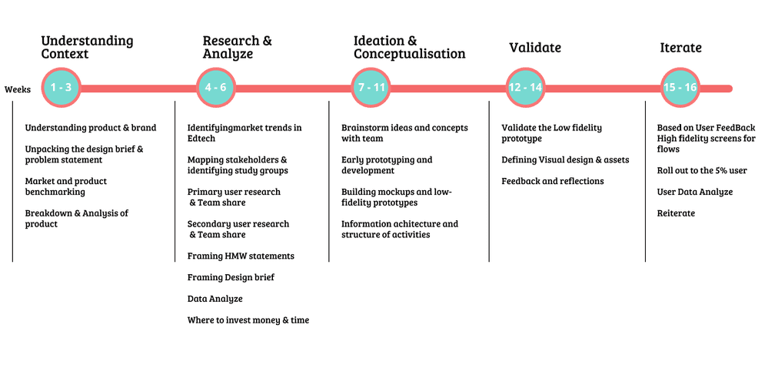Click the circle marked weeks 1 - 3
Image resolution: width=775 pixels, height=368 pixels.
tap(61, 88)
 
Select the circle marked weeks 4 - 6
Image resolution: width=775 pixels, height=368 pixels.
tap(215, 88)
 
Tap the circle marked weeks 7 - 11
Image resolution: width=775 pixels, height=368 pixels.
tap(371, 88)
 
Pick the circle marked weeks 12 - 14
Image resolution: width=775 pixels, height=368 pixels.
tap(525, 88)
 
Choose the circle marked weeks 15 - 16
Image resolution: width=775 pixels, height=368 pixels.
tap(680, 88)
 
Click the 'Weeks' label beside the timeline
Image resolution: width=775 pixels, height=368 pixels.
tap(18, 89)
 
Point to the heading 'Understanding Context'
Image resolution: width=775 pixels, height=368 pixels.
tap(87, 47)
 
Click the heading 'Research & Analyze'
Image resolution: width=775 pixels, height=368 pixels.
tap(238, 47)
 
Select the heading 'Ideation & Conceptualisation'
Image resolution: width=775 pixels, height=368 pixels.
tap(409, 47)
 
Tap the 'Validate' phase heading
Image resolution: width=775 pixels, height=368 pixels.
tap(535, 48)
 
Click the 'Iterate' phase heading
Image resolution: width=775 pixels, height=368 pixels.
tap(680, 48)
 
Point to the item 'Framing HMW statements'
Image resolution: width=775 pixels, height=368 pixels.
tap(241, 256)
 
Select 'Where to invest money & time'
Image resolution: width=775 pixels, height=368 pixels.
tap(248, 320)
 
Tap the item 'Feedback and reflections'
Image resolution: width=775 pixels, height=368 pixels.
tap(553, 181)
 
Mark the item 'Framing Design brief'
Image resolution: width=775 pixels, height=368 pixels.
tap(231, 277)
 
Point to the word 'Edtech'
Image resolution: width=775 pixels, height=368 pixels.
tap(201, 139)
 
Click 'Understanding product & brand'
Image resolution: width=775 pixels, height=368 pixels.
tap(91, 128)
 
